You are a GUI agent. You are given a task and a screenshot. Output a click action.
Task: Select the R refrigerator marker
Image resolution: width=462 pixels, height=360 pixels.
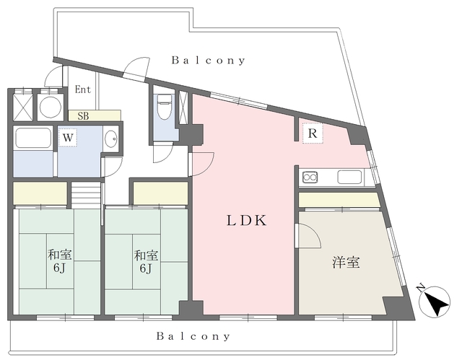click(x=313, y=133)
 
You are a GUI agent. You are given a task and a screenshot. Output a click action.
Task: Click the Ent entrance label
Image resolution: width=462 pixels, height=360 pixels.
click(x=83, y=91)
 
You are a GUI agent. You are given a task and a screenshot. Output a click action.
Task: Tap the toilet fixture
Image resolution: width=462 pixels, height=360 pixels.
click(x=164, y=107)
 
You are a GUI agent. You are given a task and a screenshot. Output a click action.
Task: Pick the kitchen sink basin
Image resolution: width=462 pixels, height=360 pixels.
click(x=351, y=177)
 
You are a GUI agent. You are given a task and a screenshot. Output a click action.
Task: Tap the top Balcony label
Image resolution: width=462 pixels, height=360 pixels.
click(x=208, y=61)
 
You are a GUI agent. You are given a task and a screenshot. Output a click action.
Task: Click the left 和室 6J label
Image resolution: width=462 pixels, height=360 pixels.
click(x=59, y=261)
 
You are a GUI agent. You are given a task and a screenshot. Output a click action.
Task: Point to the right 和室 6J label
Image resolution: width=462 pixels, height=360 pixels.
click(x=146, y=261)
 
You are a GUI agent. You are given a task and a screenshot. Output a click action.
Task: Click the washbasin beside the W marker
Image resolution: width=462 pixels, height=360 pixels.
click(x=110, y=139)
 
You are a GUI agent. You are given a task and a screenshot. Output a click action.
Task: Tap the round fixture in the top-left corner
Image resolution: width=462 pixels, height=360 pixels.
click(x=51, y=107)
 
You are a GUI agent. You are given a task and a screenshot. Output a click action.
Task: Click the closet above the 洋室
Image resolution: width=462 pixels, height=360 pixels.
click(x=338, y=200)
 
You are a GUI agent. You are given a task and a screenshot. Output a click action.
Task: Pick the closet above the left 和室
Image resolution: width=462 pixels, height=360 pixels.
click(x=40, y=194)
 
